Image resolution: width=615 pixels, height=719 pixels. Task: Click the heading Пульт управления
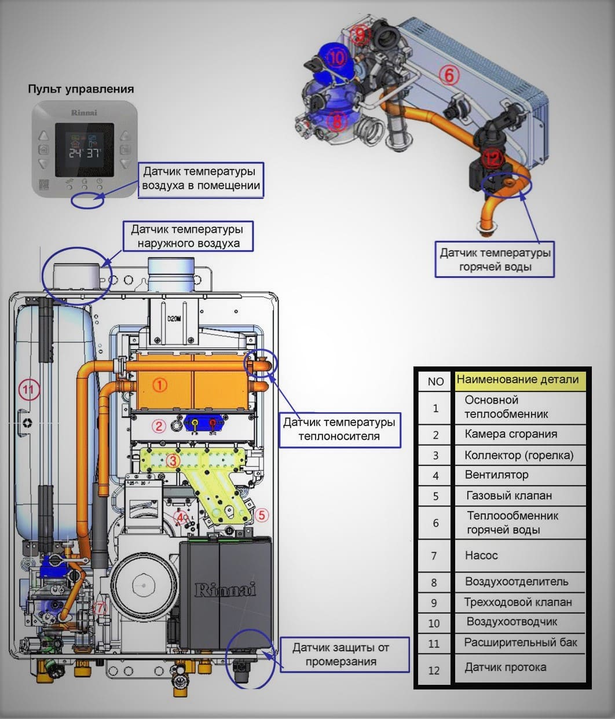coord(81,89)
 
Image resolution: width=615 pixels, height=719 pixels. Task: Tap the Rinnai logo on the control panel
coord(84,112)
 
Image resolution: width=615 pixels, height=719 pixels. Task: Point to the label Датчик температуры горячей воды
coord(495,260)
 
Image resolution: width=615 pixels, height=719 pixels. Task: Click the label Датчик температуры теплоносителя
coord(339,429)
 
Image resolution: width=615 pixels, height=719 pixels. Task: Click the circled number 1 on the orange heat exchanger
coord(159,384)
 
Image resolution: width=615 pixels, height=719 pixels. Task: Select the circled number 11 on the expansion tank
coord(28,390)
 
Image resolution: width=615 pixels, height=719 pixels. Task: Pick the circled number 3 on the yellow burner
coord(173,460)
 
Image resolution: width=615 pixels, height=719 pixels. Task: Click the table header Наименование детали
coord(518,380)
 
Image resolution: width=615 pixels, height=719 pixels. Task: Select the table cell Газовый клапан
coord(508,496)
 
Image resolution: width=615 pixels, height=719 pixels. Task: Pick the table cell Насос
coord(481,555)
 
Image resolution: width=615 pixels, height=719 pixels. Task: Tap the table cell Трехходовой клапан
coord(517,602)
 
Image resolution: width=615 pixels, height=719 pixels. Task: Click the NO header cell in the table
coord(435,381)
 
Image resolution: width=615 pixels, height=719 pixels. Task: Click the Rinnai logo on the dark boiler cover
coord(225,590)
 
